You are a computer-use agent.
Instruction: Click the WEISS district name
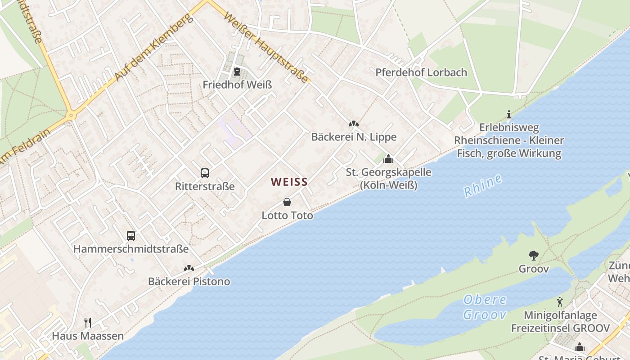point(289,182)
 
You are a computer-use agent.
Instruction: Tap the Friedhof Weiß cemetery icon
point(237,72)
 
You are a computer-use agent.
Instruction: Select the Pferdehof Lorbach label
point(421,72)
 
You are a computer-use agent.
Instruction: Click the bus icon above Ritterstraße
point(205,173)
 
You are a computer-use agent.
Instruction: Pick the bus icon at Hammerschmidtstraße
point(131,235)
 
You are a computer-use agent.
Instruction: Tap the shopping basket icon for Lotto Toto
point(287,202)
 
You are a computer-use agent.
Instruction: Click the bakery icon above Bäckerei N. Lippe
point(354,124)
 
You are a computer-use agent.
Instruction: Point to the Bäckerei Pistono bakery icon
point(189,268)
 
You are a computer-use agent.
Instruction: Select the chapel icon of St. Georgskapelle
point(388,159)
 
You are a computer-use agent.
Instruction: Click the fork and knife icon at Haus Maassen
point(88,322)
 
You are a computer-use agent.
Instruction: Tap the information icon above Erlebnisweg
point(509,114)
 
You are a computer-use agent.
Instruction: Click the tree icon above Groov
point(534,256)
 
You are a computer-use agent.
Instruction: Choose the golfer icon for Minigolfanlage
point(560,302)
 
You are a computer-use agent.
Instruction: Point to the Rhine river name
point(483,185)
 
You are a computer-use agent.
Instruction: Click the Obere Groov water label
point(485,307)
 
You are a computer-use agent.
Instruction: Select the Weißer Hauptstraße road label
point(266,47)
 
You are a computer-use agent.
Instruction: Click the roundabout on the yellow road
point(71,116)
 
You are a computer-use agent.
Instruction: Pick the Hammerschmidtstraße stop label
point(131,249)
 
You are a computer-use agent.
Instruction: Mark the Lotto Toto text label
point(287,216)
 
